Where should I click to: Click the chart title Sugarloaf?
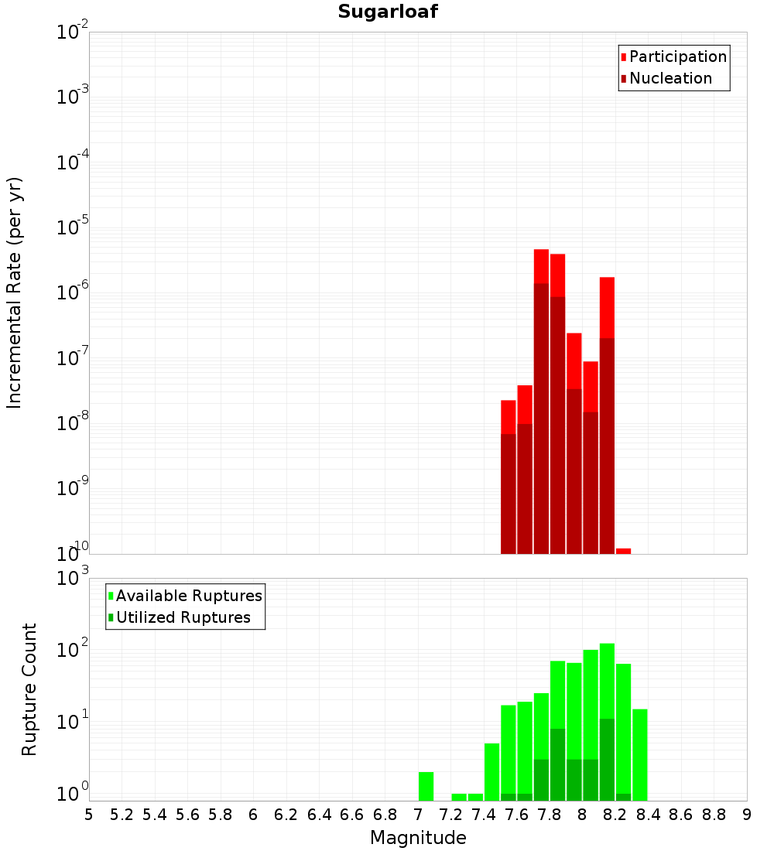coord(387,12)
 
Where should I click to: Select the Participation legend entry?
coord(677,56)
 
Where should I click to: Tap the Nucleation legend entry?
coord(670,78)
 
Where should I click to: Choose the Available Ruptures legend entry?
coord(188,596)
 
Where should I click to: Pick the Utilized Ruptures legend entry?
coord(183,617)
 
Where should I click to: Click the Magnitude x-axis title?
coord(418,838)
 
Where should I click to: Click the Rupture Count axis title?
coord(29,689)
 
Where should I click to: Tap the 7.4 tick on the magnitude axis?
coord(484,815)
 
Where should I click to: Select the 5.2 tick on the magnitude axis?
coord(122,815)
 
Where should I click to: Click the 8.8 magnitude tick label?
coord(714,815)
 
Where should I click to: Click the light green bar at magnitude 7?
coord(426,786)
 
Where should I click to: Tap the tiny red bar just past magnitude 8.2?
coord(623,551)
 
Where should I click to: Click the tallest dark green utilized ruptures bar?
coord(607,759)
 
